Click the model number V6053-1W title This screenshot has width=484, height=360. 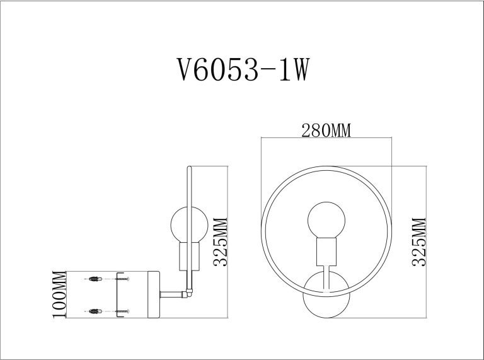243,69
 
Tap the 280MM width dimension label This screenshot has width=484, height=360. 326,131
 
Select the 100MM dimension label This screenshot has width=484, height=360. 59,294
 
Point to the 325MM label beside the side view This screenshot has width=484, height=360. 221,242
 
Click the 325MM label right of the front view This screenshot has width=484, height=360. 419,242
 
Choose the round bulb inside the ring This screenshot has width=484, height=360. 326,220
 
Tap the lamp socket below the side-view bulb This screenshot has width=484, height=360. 189,256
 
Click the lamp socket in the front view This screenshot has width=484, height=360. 326,252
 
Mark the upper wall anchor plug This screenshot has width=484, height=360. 95,279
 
